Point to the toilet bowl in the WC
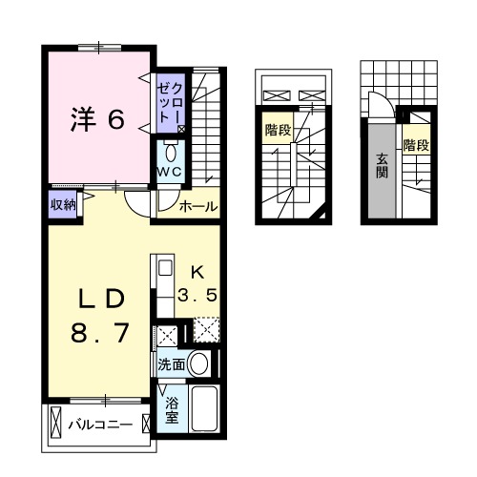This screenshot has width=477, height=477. point(171,152)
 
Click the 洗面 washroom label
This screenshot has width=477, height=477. point(172,363)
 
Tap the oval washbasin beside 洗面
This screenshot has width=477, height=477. point(198,363)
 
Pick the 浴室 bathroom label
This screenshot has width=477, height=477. point(172,409)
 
